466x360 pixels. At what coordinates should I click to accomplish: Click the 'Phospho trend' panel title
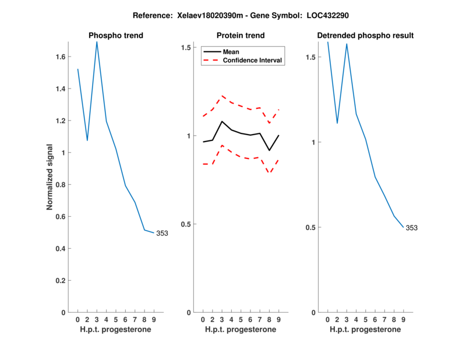click(x=115, y=36)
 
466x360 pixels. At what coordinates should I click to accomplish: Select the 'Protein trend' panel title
click(x=241, y=36)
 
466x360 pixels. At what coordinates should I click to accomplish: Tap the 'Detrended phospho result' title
click(x=365, y=36)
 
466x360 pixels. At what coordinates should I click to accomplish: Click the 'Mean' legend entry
click(x=231, y=52)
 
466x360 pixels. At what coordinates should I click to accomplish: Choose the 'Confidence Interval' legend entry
click(x=253, y=60)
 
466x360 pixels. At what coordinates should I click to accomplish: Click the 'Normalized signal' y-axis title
click(x=51, y=177)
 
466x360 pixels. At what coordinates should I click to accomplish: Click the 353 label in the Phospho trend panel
click(x=161, y=234)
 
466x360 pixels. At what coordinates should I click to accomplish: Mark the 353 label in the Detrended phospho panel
click(x=411, y=228)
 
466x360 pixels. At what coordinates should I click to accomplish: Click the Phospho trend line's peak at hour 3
click(x=97, y=41)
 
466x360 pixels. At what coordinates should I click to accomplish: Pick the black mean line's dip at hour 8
click(x=269, y=150)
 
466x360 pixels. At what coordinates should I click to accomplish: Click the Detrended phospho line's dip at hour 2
click(x=337, y=123)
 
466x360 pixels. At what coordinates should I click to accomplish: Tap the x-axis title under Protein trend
click(x=241, y=330)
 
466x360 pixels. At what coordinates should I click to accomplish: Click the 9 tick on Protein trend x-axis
click(x=278, y=319)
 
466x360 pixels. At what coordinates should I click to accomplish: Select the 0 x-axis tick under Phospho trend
click(x=77, y=319)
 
